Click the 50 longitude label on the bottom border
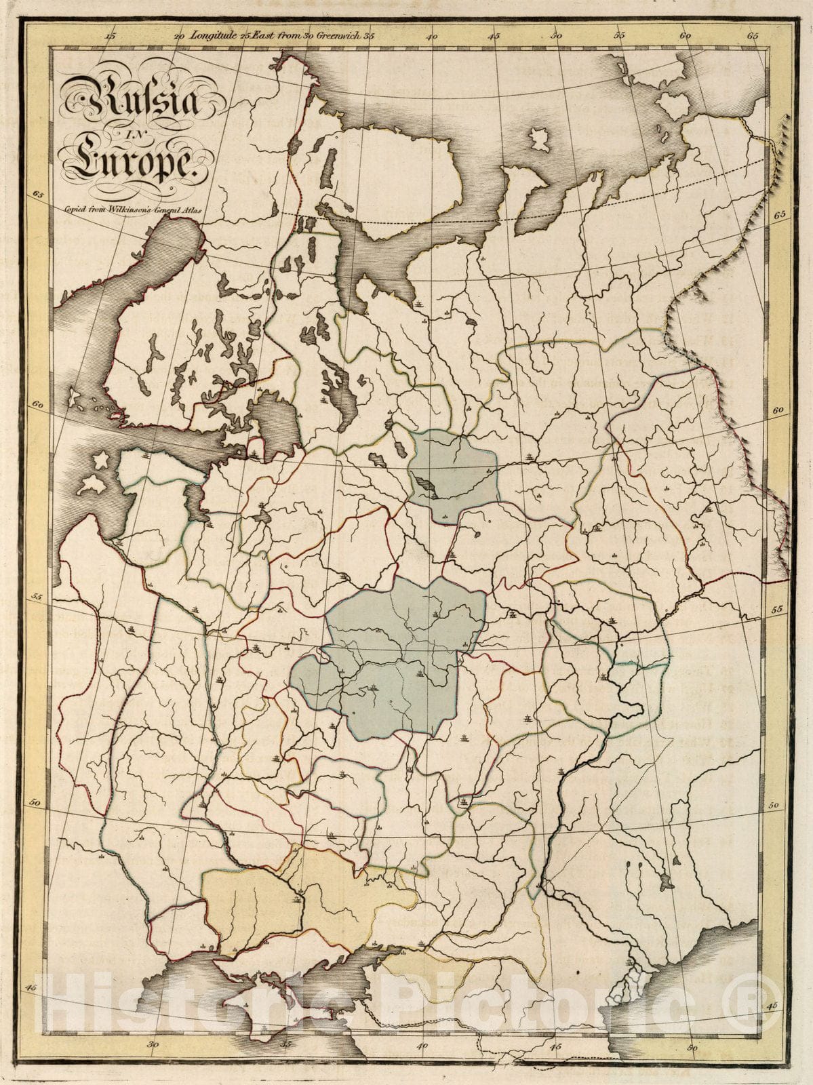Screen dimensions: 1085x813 [x=692, y=1048]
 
